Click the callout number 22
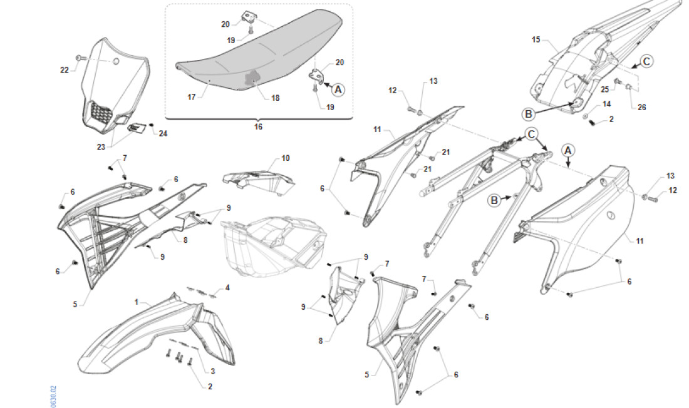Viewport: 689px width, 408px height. click(x=65, y=70)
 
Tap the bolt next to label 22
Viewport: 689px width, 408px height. click(x=79, y=58)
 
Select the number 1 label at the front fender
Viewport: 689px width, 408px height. click(x=136, y=302)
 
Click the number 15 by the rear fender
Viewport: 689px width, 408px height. click(x=536, y=39)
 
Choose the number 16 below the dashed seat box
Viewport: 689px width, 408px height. click(x=258, y=126)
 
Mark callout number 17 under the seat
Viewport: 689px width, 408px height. click(x=192, y=97)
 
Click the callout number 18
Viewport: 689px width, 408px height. click(x=276, y=98)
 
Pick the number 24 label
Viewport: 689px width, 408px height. click(x=163, y=133)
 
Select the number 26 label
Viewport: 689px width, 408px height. click(x=641, y=107)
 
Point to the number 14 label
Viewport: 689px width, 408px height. click(x=606, y=104)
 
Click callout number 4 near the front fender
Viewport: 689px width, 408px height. click(x=227, y=288)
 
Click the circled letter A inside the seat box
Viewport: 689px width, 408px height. click(x=338, y=90)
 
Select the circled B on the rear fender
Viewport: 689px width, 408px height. click(x=529, y=114)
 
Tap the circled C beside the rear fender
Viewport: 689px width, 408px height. click(x=647, y=61)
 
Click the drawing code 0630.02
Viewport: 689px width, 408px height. click(x=54, y=395)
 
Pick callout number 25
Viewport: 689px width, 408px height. click(x=604, y=90)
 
